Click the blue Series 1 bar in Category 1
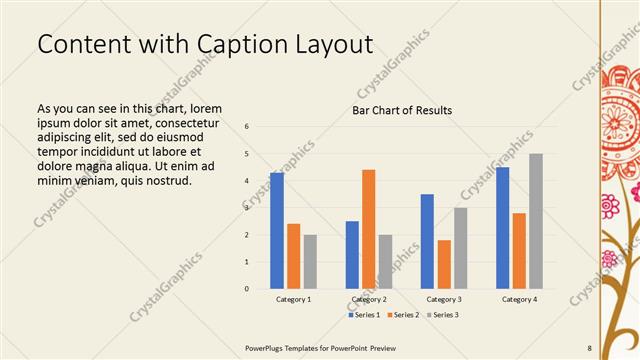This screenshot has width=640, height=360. (276, 231)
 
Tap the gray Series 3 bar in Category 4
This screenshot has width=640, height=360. (536, 221)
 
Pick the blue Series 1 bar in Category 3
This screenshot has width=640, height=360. (427, 241)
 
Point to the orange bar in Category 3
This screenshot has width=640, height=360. (444, 264)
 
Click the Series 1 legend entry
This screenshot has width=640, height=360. (363, 315)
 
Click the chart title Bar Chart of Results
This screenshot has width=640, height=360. (402, 110)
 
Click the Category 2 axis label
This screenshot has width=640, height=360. (369, 299)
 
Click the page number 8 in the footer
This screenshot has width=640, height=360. (589, 348)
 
